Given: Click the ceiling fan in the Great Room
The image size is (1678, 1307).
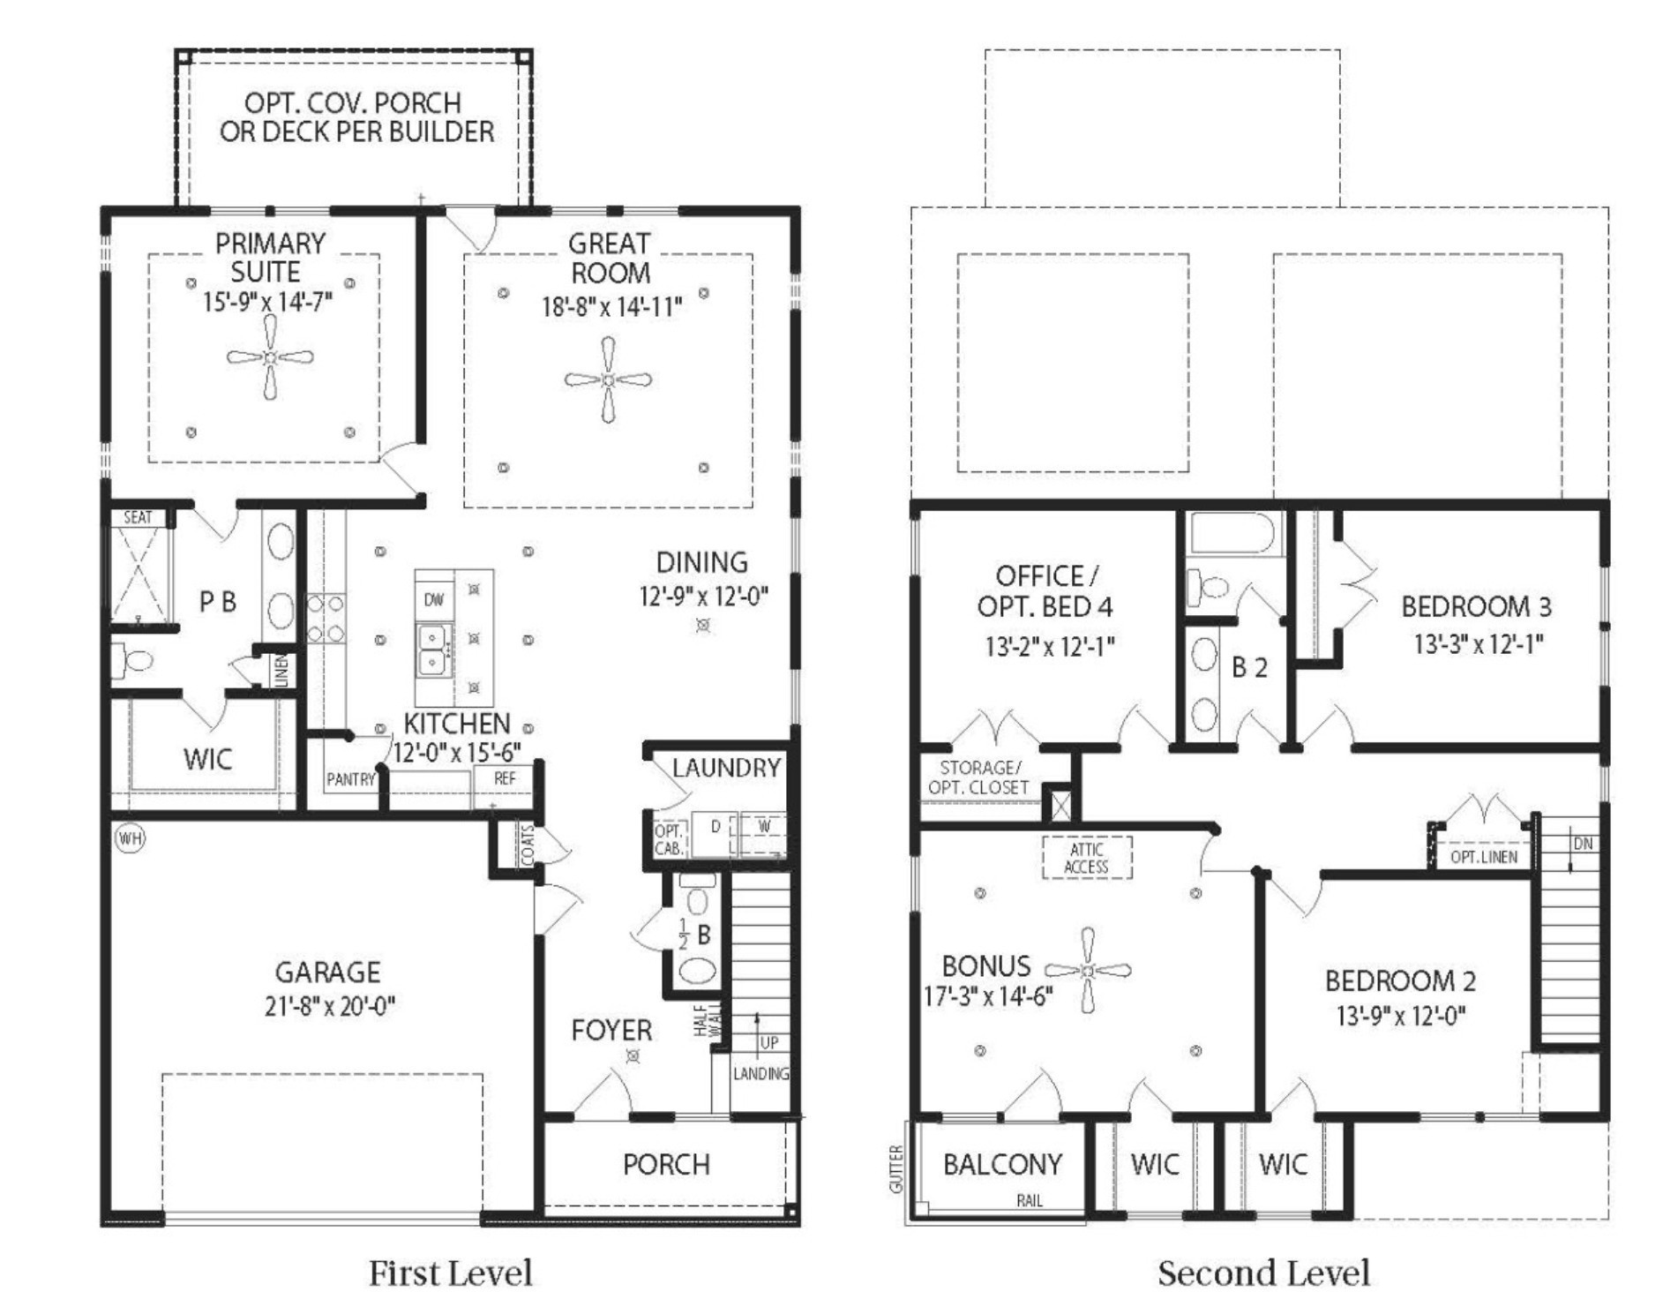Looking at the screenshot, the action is (608, 379).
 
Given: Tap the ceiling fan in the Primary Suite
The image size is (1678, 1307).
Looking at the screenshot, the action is (270, 357).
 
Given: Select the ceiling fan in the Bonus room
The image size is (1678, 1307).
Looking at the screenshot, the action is (1088, 970).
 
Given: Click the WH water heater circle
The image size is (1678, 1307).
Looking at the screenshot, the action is (130, 838).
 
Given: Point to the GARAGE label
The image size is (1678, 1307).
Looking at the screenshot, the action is (328, 972).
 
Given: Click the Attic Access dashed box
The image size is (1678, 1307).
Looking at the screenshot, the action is (1087, 858).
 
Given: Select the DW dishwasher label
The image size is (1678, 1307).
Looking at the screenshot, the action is (434, 600).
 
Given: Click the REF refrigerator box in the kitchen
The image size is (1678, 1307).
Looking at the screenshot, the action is (505, 778).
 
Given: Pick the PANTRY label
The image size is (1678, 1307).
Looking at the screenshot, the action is (350, 779).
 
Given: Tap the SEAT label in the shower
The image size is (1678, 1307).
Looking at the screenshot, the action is (138, 517).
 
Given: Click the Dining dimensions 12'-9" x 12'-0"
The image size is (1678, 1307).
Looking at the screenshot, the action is (704, 597).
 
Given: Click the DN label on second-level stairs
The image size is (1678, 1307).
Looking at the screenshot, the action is (1583, 844).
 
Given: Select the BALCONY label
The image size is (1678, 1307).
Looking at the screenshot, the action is (1002, 1164).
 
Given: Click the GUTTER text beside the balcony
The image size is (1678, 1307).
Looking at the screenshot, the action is (896, 1169).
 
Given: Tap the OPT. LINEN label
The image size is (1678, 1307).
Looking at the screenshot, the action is (1484, 857).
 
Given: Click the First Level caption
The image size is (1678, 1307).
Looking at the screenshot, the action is (451, 1273).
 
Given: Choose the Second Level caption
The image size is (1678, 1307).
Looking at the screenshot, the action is (1264, 1273).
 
